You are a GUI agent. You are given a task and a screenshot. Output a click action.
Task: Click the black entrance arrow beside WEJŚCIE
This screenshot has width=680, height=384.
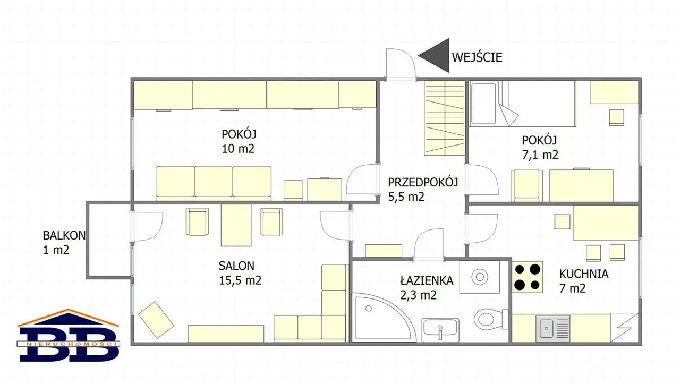coord(437,56)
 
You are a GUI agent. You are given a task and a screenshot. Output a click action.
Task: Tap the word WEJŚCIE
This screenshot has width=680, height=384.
coord(477,57)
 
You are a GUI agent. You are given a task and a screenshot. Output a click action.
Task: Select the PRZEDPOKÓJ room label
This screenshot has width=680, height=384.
coord(423,182)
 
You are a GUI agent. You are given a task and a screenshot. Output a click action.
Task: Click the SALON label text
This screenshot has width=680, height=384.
coord(236,266)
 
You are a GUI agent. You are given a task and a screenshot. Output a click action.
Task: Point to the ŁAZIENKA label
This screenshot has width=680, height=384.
coord(427,281)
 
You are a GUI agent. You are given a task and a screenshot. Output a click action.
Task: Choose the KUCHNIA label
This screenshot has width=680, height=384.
coord(584,274)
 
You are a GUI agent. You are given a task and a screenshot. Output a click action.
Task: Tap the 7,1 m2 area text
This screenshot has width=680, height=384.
coord(540,155)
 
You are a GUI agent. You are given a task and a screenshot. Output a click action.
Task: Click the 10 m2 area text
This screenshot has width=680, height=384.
coord(238,149)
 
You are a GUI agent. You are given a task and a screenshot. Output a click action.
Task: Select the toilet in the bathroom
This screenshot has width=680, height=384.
coord(490,319)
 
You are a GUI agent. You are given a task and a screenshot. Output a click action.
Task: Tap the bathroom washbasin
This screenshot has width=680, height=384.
coord(440,330)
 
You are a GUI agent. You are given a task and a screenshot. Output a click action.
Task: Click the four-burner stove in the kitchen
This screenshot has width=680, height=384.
coord(528,277)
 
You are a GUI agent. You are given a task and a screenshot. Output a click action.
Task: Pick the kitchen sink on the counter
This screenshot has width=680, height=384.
coord(553,328)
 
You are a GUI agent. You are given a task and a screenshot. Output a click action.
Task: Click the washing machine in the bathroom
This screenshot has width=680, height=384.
coord(480,277)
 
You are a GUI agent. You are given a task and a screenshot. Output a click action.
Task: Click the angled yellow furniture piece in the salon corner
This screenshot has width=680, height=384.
coord(156,320)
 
